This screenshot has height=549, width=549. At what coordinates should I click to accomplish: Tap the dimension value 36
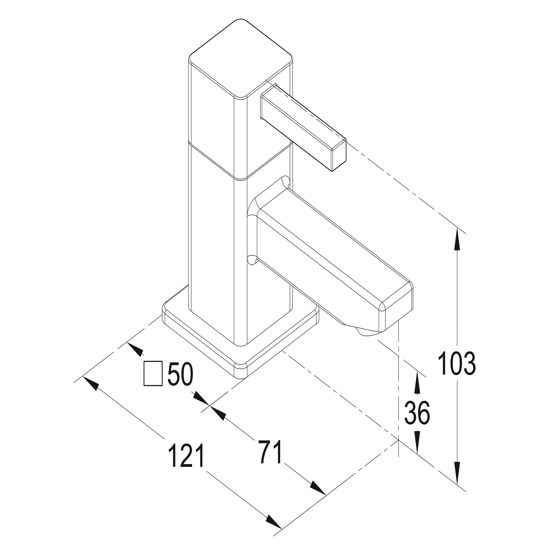coord(417,413)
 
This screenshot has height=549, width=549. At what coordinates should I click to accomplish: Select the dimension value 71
coord(269,451)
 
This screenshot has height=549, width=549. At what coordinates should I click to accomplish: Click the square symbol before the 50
coord(153,373)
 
